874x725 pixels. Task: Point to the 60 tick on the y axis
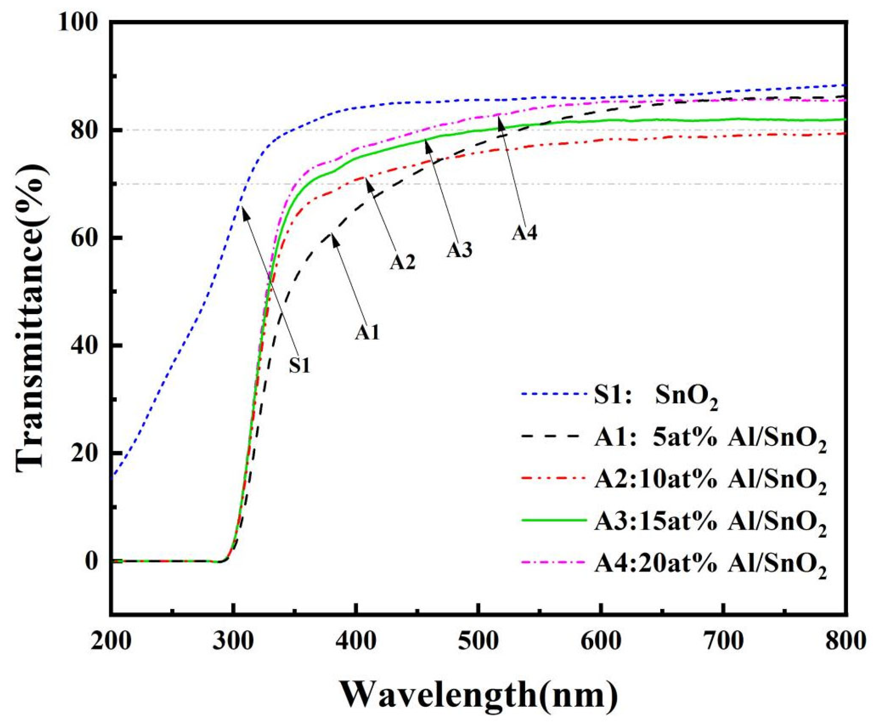pyautogui.click(x=89, y=238)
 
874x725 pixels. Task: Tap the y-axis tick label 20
pyautogui.click(x=89, y=453)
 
